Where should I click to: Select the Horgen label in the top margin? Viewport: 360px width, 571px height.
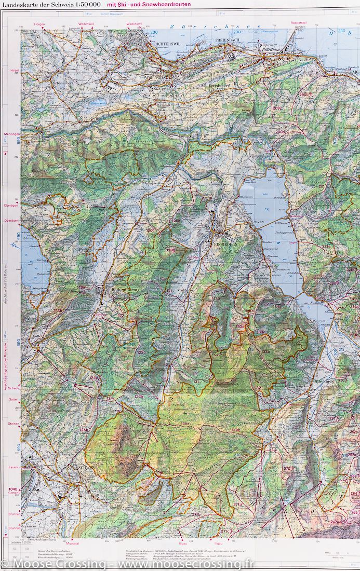point(39,24)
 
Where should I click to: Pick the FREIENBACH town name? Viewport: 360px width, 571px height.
point(227,39)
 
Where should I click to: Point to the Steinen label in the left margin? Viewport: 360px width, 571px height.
point(13,424)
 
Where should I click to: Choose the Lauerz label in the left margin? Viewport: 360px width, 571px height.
point(14,467)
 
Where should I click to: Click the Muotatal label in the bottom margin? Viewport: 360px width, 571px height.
point(73,542)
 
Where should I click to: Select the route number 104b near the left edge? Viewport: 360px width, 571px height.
point(13,490)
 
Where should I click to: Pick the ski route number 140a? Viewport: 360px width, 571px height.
point(184,424)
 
